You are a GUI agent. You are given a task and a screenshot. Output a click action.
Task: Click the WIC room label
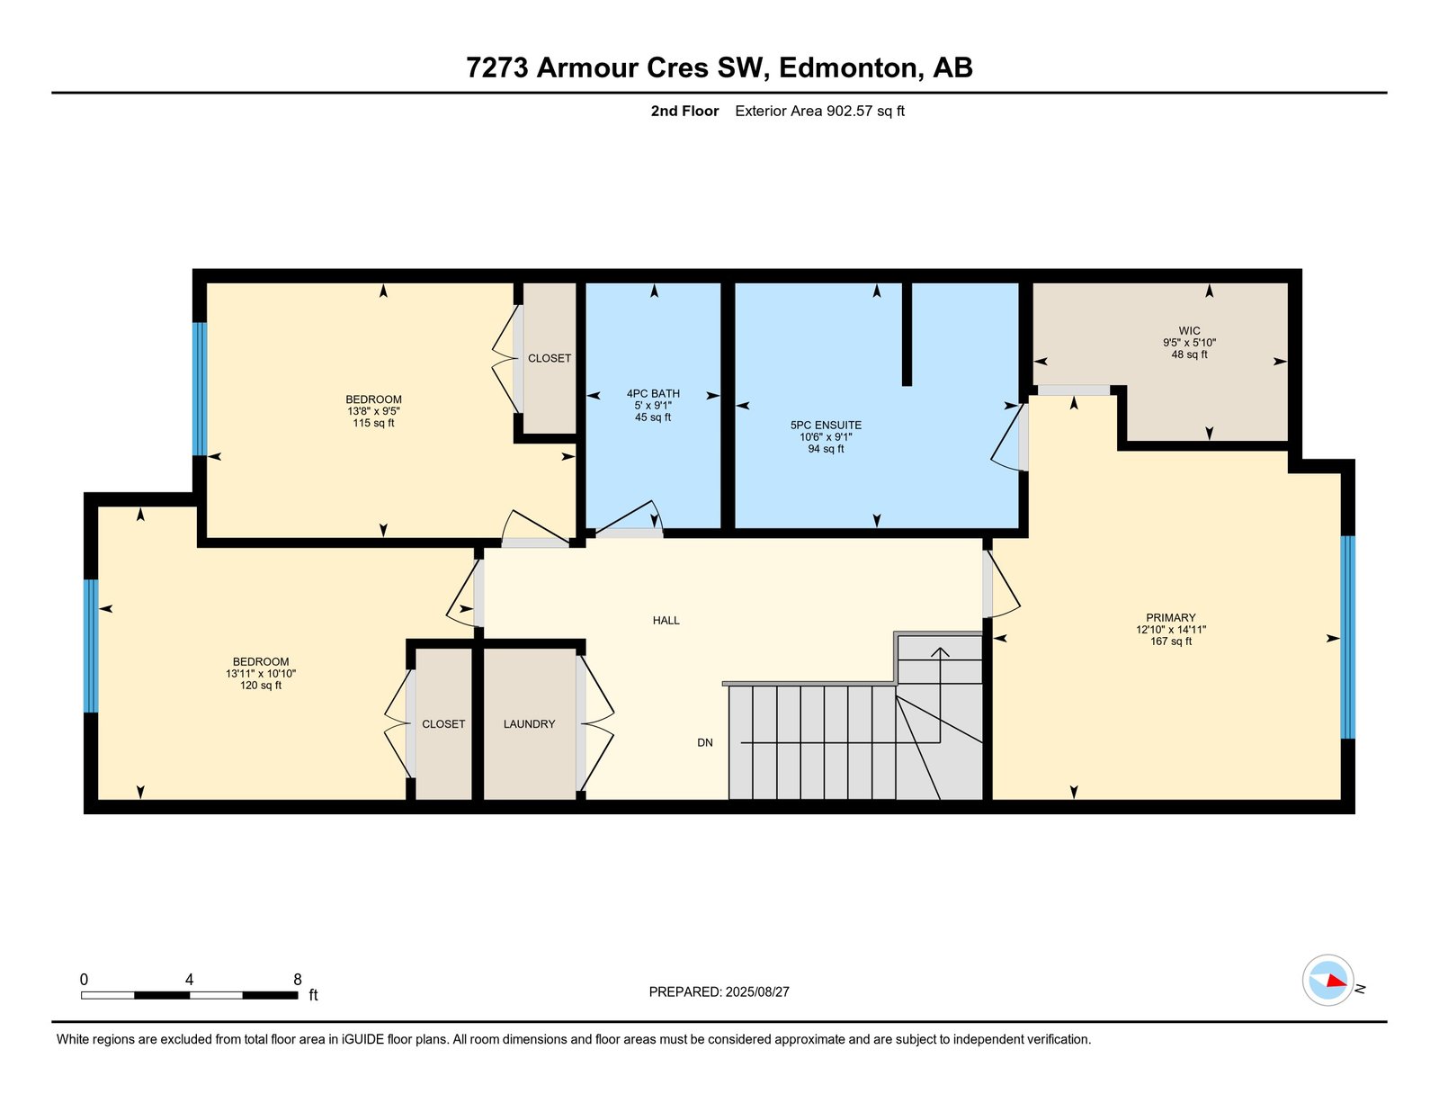coord(1189,330)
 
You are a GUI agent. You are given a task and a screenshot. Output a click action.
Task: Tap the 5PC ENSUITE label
coord(826,426)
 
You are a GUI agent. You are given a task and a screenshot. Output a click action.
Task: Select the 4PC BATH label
coord(653,393)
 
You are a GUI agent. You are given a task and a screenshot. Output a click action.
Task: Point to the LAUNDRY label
coord(529,724)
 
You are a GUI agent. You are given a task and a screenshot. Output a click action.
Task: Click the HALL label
coord(666,620)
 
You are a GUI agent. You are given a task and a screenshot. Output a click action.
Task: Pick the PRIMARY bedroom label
coord(1171,617)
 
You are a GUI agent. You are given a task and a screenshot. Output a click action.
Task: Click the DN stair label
coord(704,742)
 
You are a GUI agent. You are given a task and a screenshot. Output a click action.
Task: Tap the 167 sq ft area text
coord(1171,641)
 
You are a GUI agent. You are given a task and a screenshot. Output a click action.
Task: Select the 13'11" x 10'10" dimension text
coord(260,674)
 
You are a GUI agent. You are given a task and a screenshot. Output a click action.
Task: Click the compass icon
coord(1327,981)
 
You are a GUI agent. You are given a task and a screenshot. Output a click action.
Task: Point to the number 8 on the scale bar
coord(298,979)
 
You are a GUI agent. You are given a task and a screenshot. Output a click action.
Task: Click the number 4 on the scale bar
coord(190,979)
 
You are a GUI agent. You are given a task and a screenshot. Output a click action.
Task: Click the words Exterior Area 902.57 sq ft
coord(819,111)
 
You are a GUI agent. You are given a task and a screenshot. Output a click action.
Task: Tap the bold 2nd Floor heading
coord(684,111)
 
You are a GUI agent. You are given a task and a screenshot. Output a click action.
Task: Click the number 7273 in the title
coord(496,67)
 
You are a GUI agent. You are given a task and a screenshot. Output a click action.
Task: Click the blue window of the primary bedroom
coord(1347,637)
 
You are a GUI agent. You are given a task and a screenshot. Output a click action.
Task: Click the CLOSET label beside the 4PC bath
coord(549,358)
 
